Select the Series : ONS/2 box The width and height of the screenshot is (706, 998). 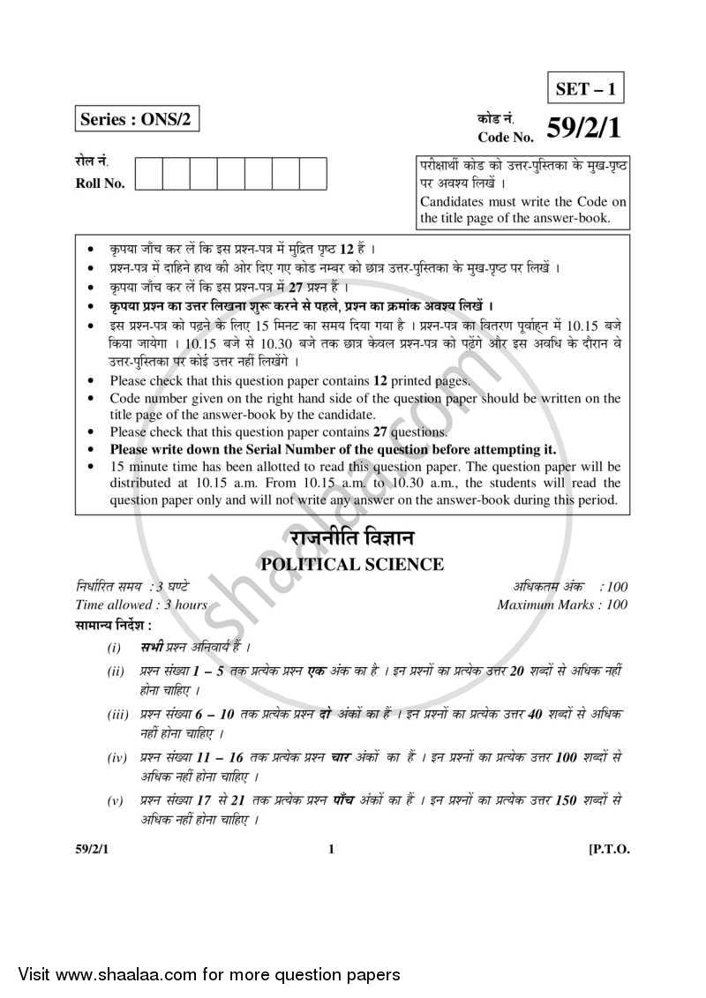136,118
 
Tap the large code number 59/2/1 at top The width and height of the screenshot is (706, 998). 583,129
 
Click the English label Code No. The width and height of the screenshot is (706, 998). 506,137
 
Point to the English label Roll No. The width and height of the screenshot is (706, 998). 100,184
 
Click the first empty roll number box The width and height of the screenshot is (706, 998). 149,174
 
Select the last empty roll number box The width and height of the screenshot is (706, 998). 313,174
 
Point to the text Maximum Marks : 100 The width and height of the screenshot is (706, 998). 562,604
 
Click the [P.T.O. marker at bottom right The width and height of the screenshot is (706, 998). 608,850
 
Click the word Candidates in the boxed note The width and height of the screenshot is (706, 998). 453,201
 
